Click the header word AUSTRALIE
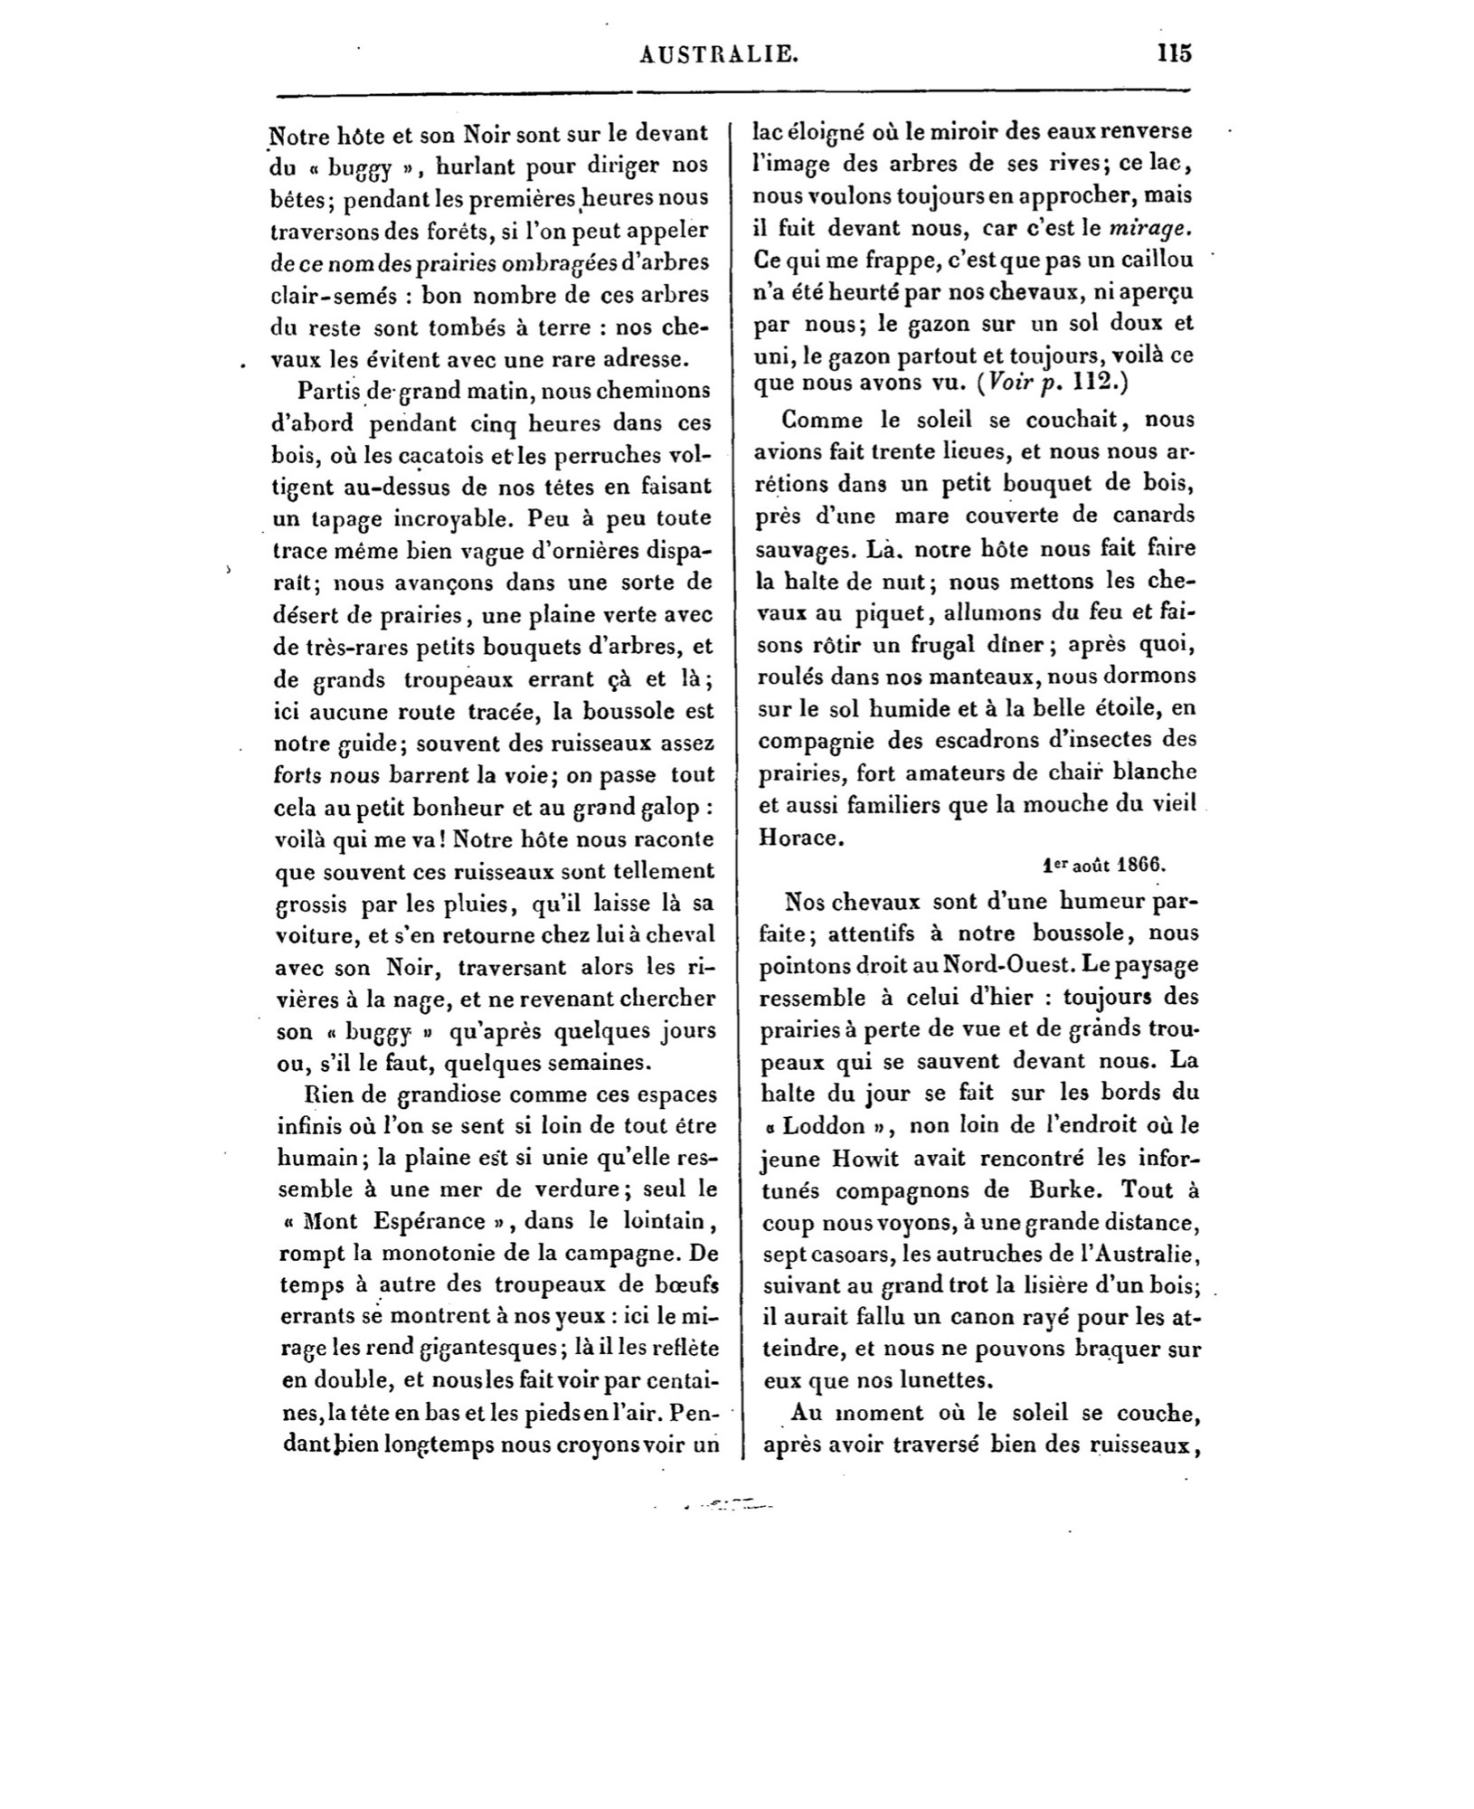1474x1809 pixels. (719, 54)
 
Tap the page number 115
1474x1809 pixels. (1174, 52)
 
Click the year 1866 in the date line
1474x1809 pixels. (1141, 862)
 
